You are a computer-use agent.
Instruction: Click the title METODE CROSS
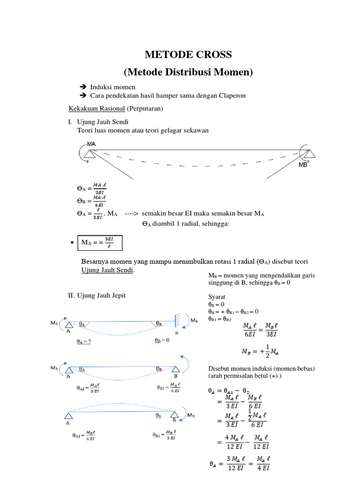coord(188,54)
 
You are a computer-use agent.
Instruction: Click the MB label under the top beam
coord(303,165)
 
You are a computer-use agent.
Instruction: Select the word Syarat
coord(217,297)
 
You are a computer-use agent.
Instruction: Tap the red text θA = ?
coord(84,341)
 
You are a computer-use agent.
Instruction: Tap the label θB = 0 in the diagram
coord(161,340)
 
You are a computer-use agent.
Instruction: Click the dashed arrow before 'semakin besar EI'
coord(131,214)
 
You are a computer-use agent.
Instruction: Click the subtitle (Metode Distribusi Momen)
coord(188,72)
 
